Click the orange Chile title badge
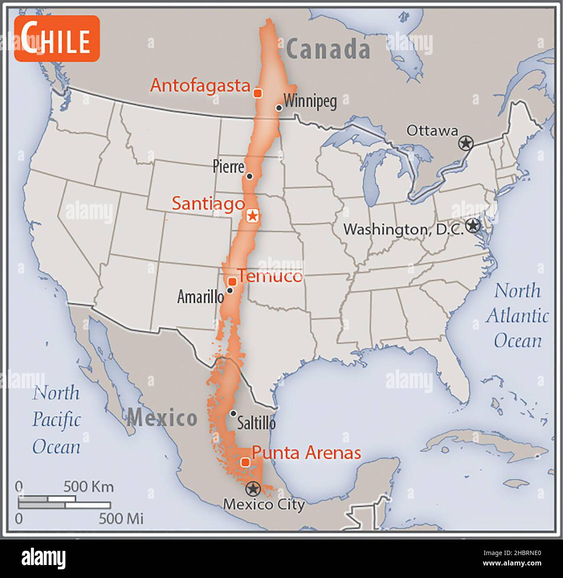[57, 39]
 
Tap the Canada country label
[328, 49]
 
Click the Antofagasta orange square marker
[257, 93]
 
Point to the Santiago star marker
[252, 215]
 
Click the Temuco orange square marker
[232, 282]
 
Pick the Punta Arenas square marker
[245, 462]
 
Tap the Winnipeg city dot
[279, 108]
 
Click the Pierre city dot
[249, 176]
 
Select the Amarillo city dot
[230, 290]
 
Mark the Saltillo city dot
[233, 413]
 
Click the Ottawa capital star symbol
[466, 143]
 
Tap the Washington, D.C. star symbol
[473, 225]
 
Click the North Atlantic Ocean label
[518, 315]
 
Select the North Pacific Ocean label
[57, 420]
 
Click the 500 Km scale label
[89, 487]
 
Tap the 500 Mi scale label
[121, 518]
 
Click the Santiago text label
[208, 203]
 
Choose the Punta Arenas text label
[306, 453]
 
